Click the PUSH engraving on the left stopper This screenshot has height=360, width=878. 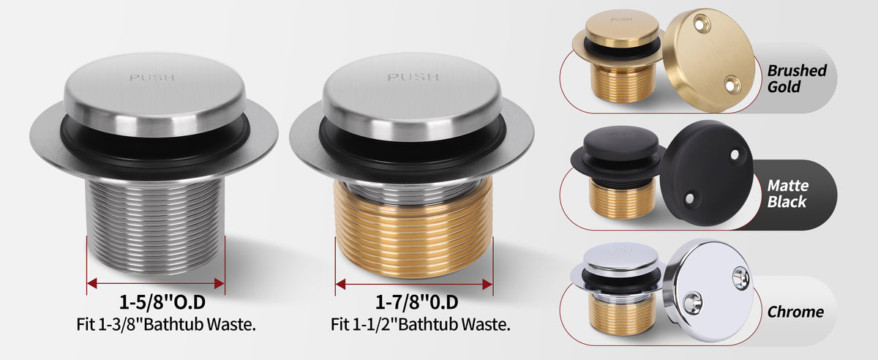(152, 78)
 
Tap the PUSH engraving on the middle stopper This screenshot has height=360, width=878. (413, 77)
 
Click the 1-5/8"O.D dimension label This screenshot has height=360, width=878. (162, 302)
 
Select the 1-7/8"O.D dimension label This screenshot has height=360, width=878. (416, 302)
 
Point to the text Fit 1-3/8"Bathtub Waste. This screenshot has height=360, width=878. (166, 324)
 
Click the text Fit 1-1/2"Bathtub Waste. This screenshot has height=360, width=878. (420, 324)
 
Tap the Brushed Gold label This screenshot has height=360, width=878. (797, 78)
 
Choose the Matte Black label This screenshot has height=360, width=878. (787, 193)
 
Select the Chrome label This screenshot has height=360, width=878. (795, 312)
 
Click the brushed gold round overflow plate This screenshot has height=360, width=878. (709, 60)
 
